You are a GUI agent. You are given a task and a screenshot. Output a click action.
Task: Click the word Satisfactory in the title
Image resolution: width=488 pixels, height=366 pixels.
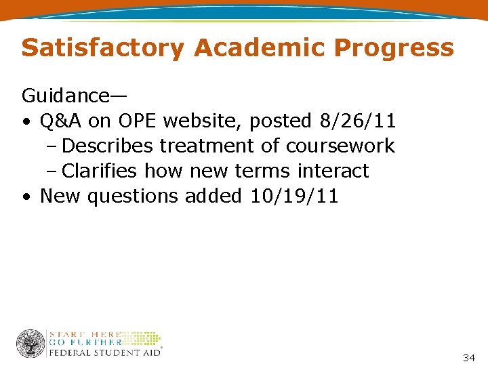click(102, 48)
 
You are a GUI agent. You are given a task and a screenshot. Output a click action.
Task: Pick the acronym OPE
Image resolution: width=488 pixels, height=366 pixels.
click(138, 121)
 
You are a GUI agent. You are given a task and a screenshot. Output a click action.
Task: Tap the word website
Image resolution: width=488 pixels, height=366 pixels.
click(203, 121)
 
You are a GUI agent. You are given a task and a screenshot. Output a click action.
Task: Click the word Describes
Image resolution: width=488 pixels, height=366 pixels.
click(110, 146)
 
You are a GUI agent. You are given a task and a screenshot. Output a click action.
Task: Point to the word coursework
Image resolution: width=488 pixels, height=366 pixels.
click(340, 146)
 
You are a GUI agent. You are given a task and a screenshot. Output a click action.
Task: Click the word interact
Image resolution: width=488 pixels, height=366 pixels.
click(333, 171)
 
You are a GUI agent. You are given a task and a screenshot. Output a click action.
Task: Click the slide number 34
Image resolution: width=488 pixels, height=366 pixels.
click(468, 357)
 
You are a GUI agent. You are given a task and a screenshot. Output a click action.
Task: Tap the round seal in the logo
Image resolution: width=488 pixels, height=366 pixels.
click(30, 344)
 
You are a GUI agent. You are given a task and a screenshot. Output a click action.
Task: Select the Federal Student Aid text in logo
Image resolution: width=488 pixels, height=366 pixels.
click(104, 352)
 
